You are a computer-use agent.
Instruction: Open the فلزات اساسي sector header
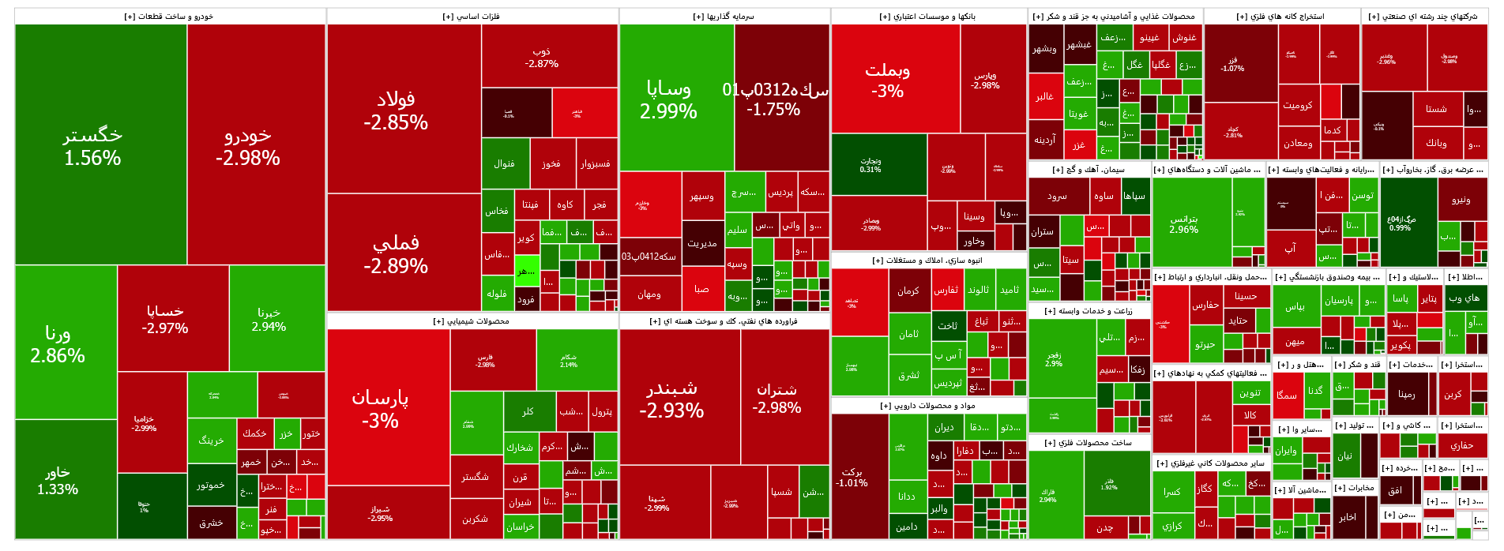pos(472,17)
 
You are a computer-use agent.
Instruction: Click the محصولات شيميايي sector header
pos(472,321)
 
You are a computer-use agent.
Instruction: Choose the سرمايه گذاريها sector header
pos(724,17)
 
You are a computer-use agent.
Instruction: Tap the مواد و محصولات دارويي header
pos(928,406)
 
